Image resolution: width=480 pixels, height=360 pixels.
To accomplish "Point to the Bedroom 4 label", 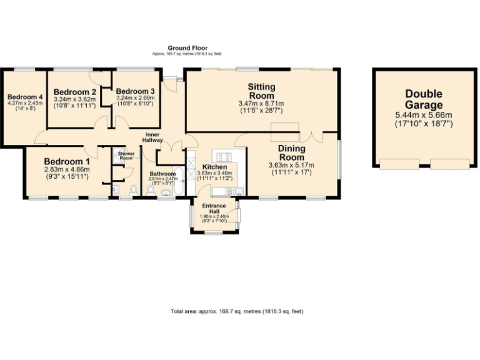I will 25,97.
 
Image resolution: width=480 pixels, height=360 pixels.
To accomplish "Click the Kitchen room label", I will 214,167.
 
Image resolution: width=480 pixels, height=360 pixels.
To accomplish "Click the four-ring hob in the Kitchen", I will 223,156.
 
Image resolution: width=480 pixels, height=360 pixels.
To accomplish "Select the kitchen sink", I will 239,190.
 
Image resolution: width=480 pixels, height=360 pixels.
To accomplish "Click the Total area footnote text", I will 237,311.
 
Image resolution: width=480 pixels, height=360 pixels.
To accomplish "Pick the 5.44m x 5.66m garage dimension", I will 423,116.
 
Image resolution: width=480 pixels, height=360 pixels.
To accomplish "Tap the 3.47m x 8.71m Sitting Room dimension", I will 261,103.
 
